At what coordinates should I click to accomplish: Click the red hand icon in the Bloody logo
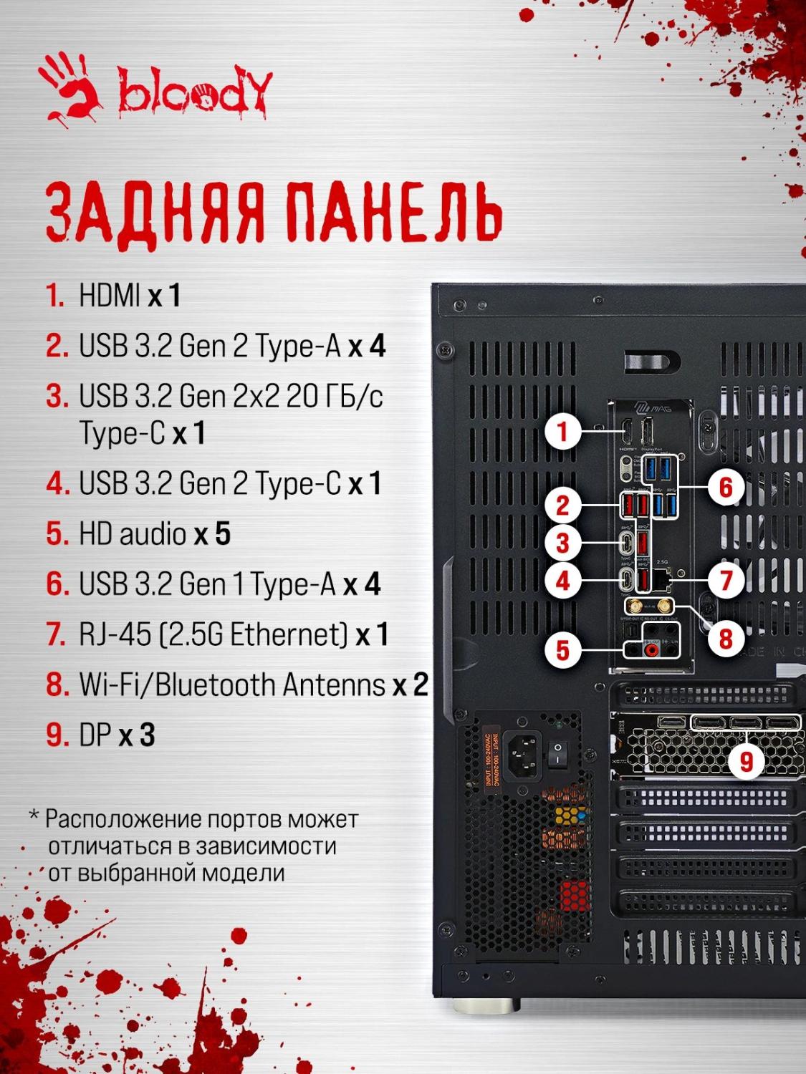[72, 90]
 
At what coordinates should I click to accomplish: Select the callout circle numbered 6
[726, 487]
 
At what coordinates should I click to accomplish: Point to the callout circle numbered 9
[747, 761]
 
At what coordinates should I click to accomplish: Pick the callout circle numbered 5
[563, 650]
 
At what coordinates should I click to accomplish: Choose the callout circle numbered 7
[726, 580]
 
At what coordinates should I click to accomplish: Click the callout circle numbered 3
[563, 543]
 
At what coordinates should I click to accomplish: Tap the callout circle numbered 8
[726, 638]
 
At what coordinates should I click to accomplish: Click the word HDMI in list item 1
[110, 295]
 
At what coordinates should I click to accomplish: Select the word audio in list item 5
[153, 533]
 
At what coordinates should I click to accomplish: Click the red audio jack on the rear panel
[651, 650]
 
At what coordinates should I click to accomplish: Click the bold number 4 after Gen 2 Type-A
[378, 345]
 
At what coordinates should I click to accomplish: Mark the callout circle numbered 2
[563, 505]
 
